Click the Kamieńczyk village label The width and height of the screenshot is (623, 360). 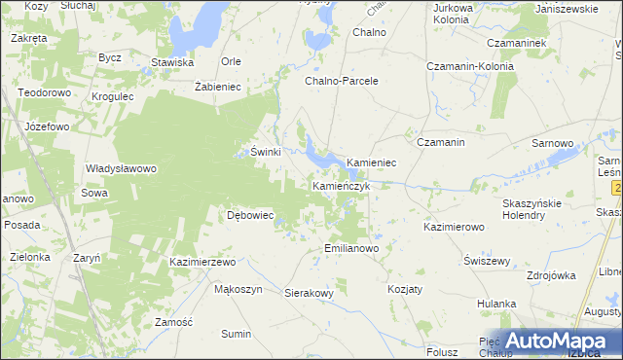(x=341, y=185)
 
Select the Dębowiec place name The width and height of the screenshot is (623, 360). (x=250, y=215)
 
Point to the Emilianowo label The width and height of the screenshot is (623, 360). (x=351, y=248)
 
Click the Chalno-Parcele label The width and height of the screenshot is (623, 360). (x=341, y=81)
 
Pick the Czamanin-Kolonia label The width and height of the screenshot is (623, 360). (x=470, y=66)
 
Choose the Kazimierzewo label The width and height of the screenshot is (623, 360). (x=203, y=263)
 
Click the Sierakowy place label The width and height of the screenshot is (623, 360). (x=310, y=292)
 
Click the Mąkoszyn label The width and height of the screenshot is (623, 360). (x=238, y=290)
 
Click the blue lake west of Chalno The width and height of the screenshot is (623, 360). (x=318, y=42)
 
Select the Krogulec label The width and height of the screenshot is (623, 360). (x=113, y=98)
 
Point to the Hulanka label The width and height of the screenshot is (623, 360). (x=496, y=305)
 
